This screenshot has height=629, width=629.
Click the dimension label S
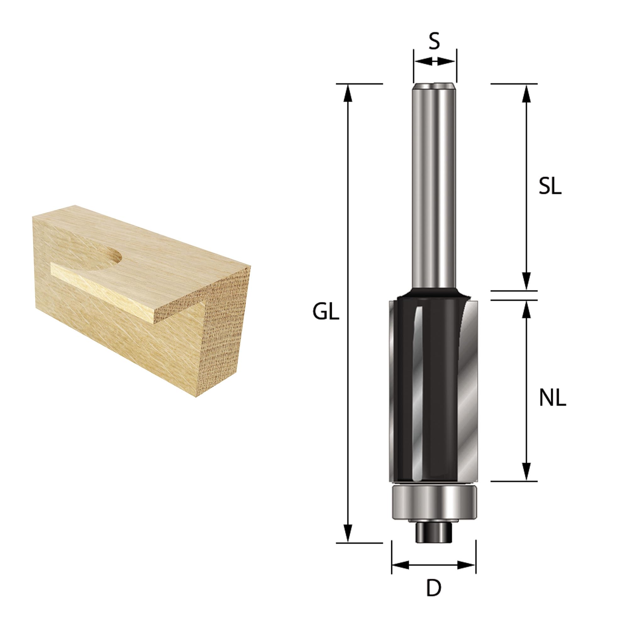click(x=434, y=42)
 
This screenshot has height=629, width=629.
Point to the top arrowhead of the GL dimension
click(x=348, y=93)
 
